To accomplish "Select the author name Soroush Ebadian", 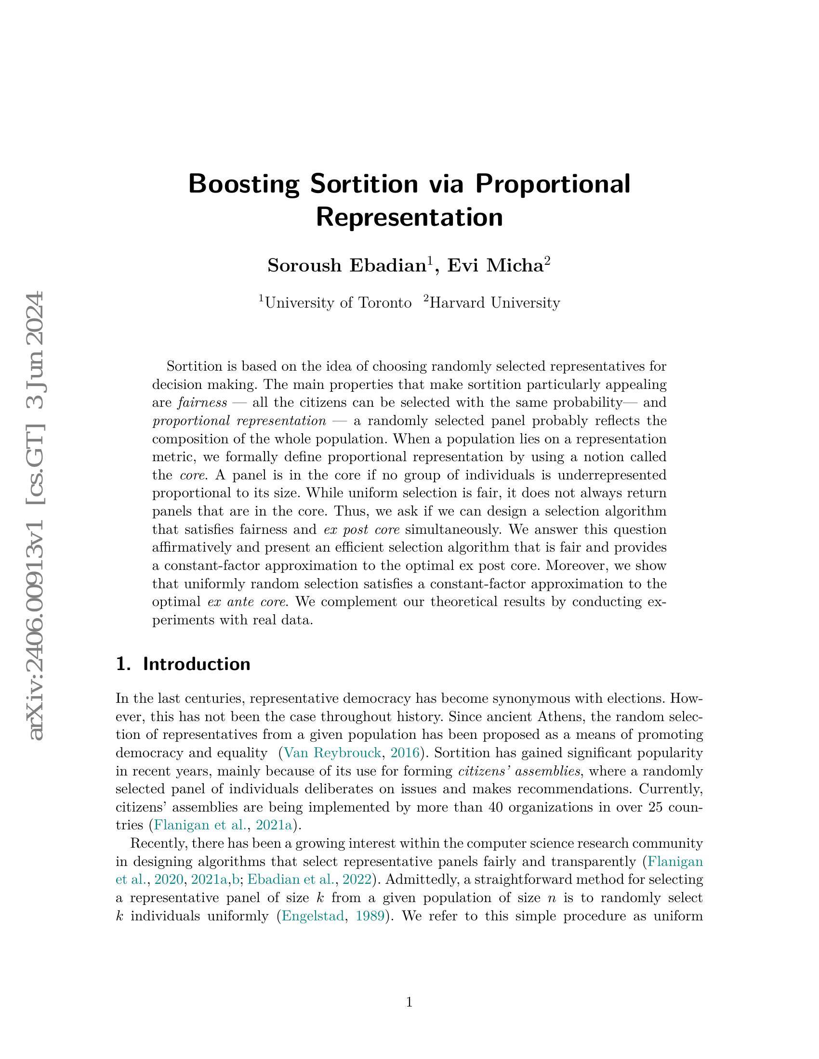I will (x=346, y=266).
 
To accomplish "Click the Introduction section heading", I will (x=197, y=664).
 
